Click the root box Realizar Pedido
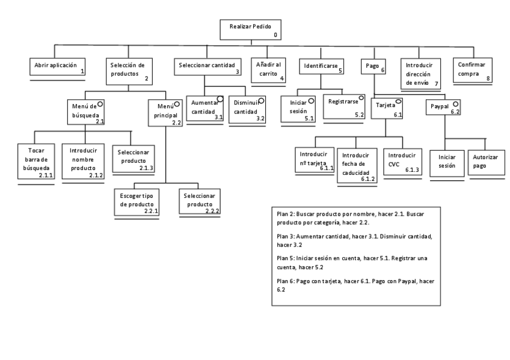click(250, 29)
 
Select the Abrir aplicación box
click(58, 66)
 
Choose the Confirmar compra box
click(473, 70)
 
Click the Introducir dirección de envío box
click(422, 73)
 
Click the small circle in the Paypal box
click(456, 104)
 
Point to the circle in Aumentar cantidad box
click(220, 100)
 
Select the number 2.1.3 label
click(146, 168)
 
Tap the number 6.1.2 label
click(369, 179)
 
